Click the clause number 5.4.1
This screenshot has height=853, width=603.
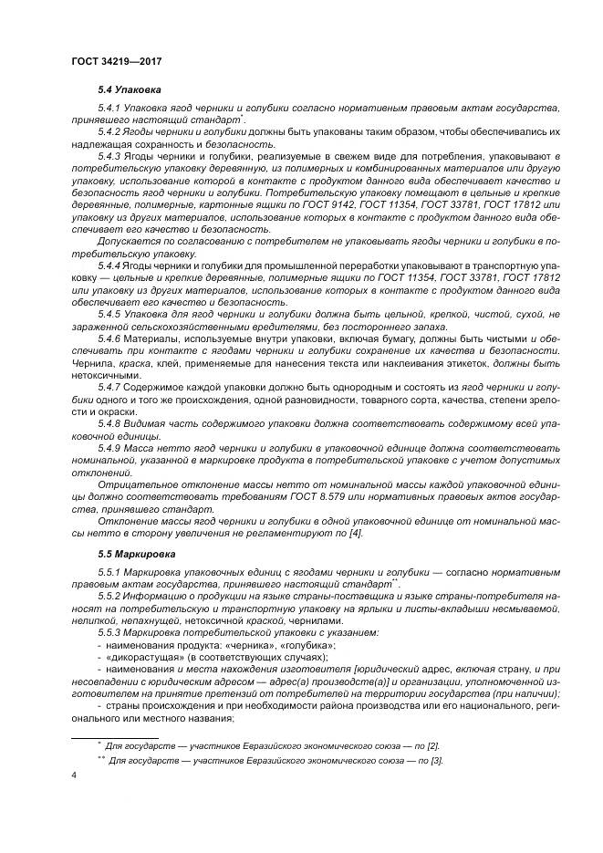tap(111, 109)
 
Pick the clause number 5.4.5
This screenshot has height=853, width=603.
tap(111, 313)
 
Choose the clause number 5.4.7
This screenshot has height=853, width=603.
tap(111, 385)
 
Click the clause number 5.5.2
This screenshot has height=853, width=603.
tap(111, 596)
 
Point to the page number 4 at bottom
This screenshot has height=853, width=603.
tap(73, 775)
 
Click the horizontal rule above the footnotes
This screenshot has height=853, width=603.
tap(115, 734)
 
